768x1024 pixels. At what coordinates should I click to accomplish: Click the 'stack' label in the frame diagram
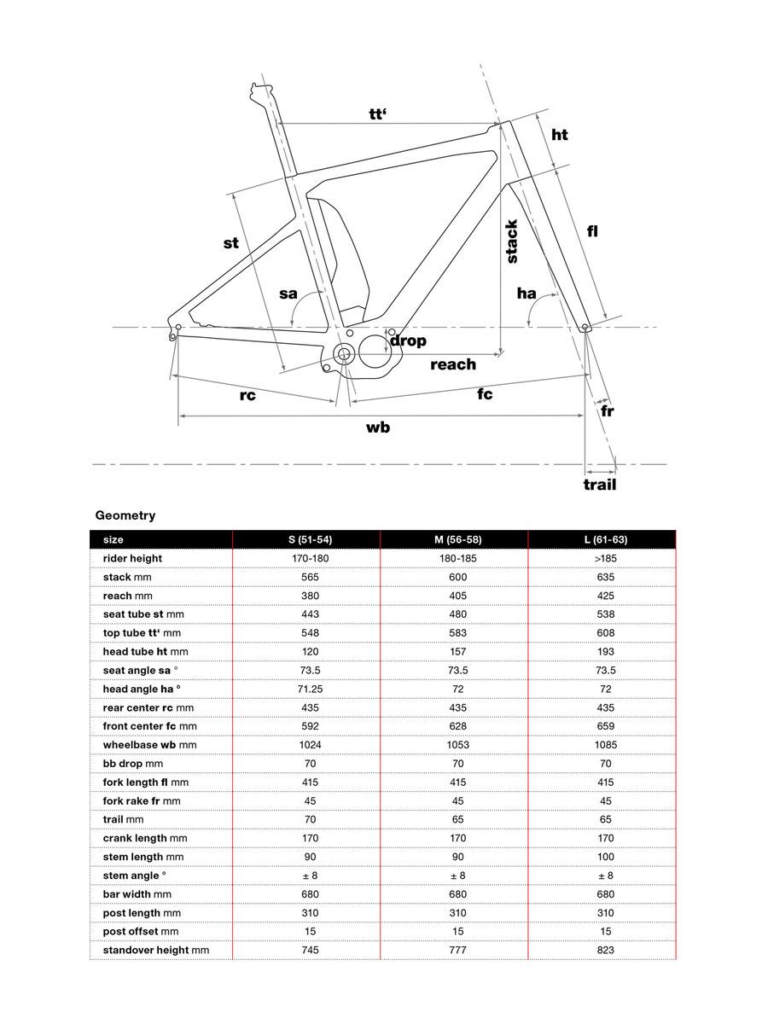tap(511, 241)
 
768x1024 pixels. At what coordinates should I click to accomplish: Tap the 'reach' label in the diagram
tap(453, 365)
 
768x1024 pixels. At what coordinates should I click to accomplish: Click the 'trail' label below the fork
tap(599, 485)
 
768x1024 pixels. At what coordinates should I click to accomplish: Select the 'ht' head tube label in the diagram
tap(560, 135)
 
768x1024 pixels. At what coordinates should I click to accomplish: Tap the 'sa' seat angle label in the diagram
tap(288, 294)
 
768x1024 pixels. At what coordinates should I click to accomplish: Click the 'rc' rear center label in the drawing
tap(247, 395)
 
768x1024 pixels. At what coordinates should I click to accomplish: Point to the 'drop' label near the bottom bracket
tap(408, 341)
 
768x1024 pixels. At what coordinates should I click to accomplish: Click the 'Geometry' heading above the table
tap(125, 515)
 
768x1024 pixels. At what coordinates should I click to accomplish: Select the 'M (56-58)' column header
tap(453, 540)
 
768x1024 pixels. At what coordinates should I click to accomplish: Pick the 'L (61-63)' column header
tap(601, 540)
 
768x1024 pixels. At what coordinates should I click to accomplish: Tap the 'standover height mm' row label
tap(156, 950)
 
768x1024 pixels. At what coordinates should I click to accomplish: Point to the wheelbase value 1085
tap(601, 745)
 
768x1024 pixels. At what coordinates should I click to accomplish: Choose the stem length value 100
tap(601, 857)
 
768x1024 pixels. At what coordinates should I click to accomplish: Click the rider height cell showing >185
tap(601, 558)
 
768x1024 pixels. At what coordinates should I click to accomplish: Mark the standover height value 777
tap(453, 950)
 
